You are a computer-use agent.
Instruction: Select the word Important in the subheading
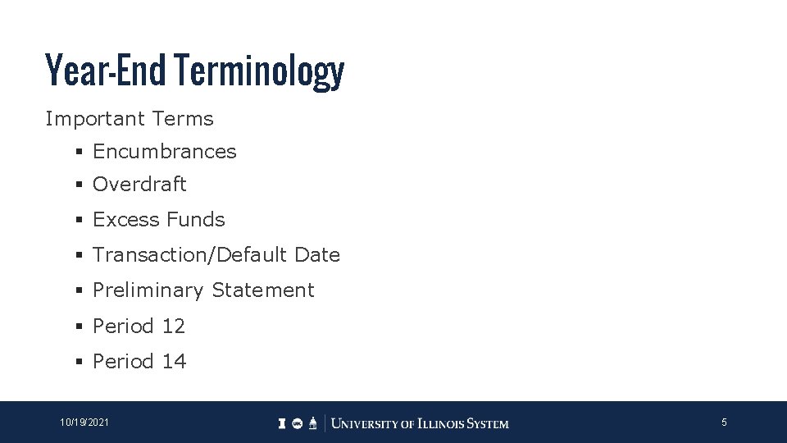(x=93, y=119)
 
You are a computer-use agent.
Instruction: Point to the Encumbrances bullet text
(x=164, y=152)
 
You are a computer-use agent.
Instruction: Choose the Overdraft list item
(x=139, y=185)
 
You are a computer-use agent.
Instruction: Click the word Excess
(x=125, y=220)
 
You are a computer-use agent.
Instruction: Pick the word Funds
(x=195, y=220)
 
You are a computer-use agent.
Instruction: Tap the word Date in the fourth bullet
(x=317, y=255)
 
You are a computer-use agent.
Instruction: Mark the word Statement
(x=262, y=290)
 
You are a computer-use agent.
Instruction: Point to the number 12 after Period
(x=174, y=327)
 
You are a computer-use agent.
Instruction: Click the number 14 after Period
(x=174, y=362)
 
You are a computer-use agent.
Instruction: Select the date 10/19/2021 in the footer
(x=84, y=422)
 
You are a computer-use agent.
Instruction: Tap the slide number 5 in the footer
(x=724, y=422)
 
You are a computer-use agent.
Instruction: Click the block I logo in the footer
(x=282, y=423)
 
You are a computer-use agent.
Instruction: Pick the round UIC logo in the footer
(x=297, y=423)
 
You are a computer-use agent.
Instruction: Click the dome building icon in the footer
(x=313, y=423)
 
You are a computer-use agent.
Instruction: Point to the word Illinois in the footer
(x=441, y=424)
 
